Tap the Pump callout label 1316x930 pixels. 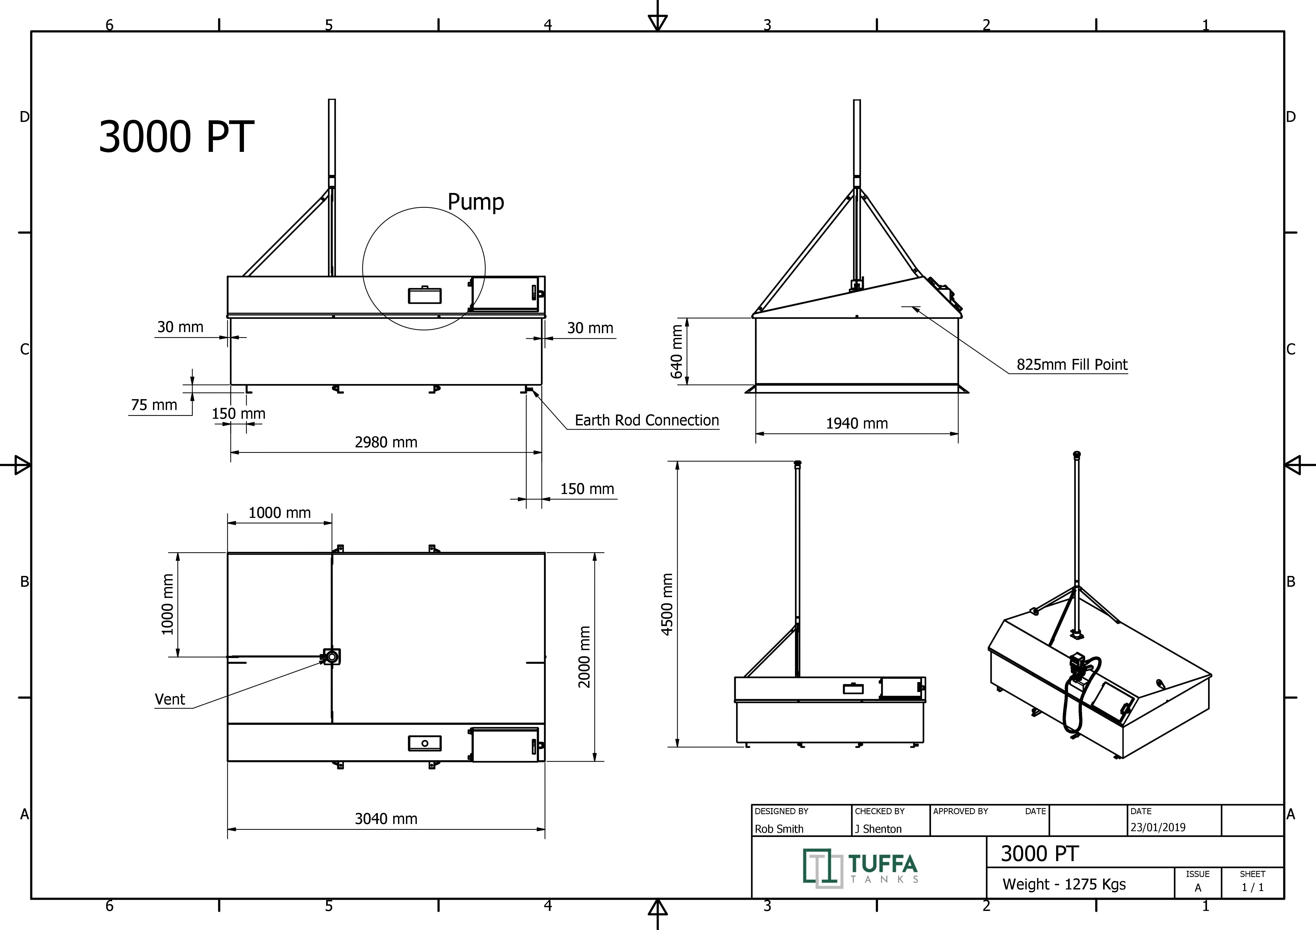click(476, 202)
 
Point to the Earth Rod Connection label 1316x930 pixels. click(646, 421)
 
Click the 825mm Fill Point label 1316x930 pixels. click(1072, 364)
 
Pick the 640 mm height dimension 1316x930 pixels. click(676, 351)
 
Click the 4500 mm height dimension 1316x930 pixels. click(667, 604)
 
